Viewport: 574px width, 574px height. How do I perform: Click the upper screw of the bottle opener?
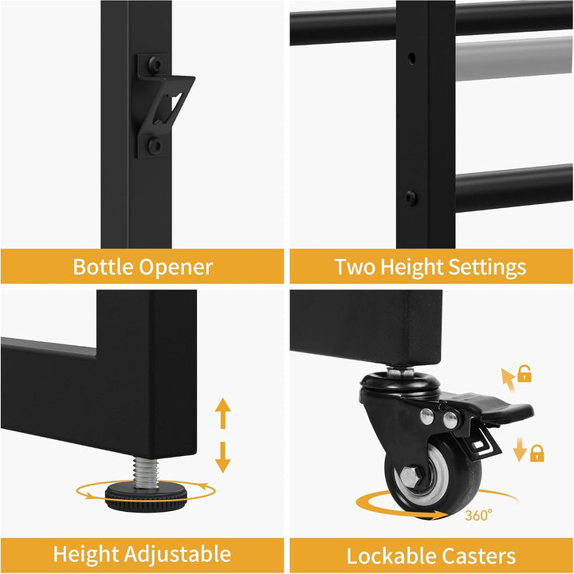pos(155,65)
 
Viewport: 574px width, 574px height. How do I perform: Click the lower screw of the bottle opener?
pos(155,145)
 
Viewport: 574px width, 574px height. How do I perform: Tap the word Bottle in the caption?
pos(103,266)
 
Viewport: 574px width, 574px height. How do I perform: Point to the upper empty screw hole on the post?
pos(412,58)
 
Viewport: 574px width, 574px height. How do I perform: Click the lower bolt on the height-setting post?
pos(411,198)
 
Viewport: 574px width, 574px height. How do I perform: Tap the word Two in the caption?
pos(354,266)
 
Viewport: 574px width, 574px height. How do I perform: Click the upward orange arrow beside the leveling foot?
pos(222,413)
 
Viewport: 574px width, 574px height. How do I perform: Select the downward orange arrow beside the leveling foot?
pos(222,458)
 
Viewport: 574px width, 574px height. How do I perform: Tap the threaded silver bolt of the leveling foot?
pos(145,472)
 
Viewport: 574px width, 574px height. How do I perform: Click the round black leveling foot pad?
pos(147,496)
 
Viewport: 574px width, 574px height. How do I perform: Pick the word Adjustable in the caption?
pos(179,555)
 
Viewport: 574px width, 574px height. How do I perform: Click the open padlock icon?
pos(525,373)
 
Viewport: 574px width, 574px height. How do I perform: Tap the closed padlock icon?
pos(537,453)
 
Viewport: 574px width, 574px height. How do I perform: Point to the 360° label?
pos(478,515)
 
